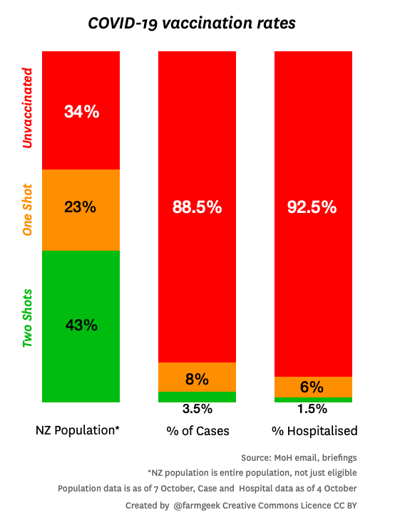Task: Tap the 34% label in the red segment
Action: click(x=81, y=111)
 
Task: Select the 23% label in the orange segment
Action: click(x=81, y=207)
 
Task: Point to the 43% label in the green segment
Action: click(x=81, y=325)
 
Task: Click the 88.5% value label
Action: click(x=197, y=207)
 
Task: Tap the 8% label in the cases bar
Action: click(x=197, y=379)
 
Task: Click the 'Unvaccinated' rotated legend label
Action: click(x=28, y=108)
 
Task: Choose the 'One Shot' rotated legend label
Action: click(x=28, y=211)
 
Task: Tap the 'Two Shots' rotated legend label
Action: click(x=28, y=318)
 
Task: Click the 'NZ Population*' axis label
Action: click(x=78, y=431)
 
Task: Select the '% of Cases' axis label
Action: click(x=197, y=431)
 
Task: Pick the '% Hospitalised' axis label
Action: click(x=314, y=431)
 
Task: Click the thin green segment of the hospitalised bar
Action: click(x=314, y=400)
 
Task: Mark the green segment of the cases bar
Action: click(x=197, y=397)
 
